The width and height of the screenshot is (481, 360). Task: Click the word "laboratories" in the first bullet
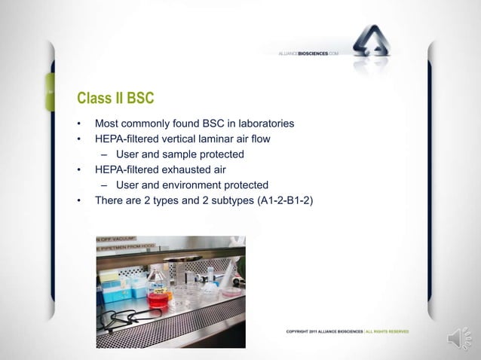265,124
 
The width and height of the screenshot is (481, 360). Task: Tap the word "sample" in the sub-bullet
188,154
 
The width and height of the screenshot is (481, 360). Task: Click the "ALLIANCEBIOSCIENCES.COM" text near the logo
309,54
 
